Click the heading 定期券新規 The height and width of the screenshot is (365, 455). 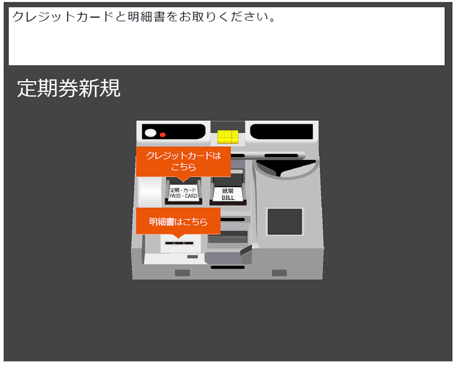click(69, 88)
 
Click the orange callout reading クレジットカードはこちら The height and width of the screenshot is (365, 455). click(184, 162)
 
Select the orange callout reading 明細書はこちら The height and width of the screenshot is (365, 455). click(178, 221)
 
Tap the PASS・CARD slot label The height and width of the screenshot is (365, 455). click(184, 193)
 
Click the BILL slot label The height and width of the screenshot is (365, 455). click(227, 194)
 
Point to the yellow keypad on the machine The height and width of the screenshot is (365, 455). click(227, 137)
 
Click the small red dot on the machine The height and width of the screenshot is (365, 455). click(162, 135)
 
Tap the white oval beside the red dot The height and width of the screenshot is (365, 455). click(150, 133)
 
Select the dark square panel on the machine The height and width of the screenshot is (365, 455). click(284, 222)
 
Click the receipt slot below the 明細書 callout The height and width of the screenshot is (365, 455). click(179, 243)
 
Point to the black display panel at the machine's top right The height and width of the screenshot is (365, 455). click(281, 132)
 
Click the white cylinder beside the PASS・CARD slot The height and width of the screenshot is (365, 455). click(150, 191)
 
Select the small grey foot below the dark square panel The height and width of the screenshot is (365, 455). click(279, 273)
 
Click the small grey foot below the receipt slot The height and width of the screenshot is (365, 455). click(182, 273)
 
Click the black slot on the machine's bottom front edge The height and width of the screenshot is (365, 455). click(227, 267)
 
